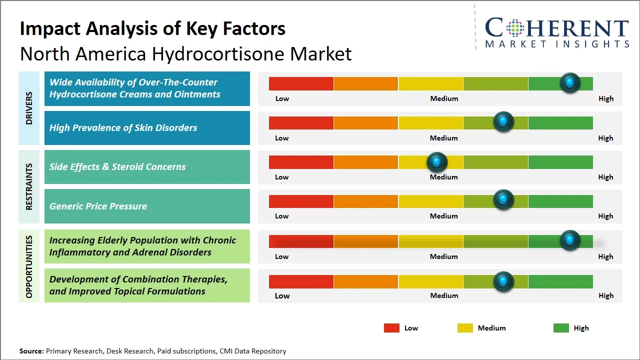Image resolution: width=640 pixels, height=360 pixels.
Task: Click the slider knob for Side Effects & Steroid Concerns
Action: pos(437,161)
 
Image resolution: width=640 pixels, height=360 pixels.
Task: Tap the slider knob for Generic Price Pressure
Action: pos(503,200)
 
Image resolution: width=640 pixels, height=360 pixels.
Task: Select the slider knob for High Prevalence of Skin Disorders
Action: pos(503,121)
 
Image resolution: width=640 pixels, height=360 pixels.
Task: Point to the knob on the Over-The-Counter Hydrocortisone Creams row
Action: pos(570,82)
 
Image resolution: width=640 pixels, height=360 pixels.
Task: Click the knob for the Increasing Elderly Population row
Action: pos(570,240)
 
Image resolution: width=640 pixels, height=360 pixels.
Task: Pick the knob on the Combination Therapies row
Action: pos(503,281)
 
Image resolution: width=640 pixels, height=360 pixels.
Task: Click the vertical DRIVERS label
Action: pos(29,108)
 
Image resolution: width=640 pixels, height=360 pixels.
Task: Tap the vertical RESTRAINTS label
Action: pos(29,186)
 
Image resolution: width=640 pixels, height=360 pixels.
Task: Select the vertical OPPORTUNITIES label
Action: pos(29,267)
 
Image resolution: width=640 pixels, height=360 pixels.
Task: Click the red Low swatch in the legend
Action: pos(391,328)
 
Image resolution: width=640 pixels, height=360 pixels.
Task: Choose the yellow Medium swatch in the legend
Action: pos(465,328)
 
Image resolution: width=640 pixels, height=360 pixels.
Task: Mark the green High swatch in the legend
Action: pos(561,328)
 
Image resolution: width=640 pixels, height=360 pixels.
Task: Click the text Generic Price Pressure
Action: pos(98,206)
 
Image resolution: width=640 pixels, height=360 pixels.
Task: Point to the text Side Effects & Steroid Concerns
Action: pos(117,167)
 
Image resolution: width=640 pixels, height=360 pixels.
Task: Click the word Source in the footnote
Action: pos(31,351)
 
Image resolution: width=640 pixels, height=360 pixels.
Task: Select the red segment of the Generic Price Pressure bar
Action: pos(301,201)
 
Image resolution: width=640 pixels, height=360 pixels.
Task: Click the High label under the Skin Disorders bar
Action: pos(605,138)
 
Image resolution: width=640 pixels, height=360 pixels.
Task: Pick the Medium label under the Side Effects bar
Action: pos(444,177)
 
